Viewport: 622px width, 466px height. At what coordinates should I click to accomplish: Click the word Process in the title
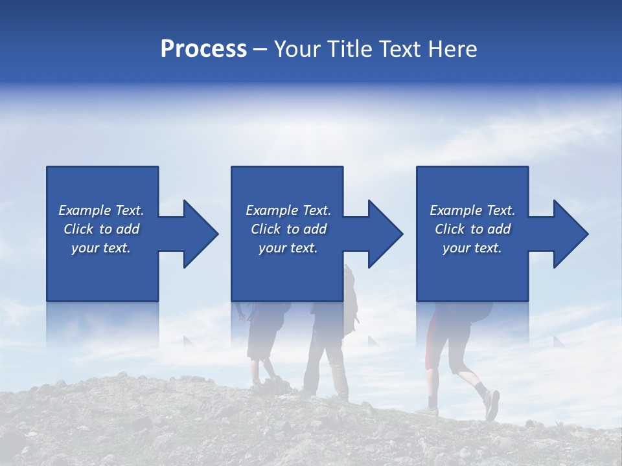coord(203,49)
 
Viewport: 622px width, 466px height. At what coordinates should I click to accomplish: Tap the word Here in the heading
coord(453,49)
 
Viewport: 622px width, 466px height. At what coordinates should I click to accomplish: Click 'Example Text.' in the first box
coord(101,210)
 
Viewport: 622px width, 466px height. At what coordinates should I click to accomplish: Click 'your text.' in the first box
coord(101,248)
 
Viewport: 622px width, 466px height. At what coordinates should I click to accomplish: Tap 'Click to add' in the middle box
coord(288,229)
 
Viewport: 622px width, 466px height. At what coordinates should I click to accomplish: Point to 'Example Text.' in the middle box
coord(288,210)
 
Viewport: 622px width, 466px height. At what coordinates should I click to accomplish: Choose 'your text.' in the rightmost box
coord(472,248)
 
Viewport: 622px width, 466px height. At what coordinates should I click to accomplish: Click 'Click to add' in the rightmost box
coord(472,229)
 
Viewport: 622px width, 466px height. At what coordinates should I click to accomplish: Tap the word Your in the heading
coord(295,49)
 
